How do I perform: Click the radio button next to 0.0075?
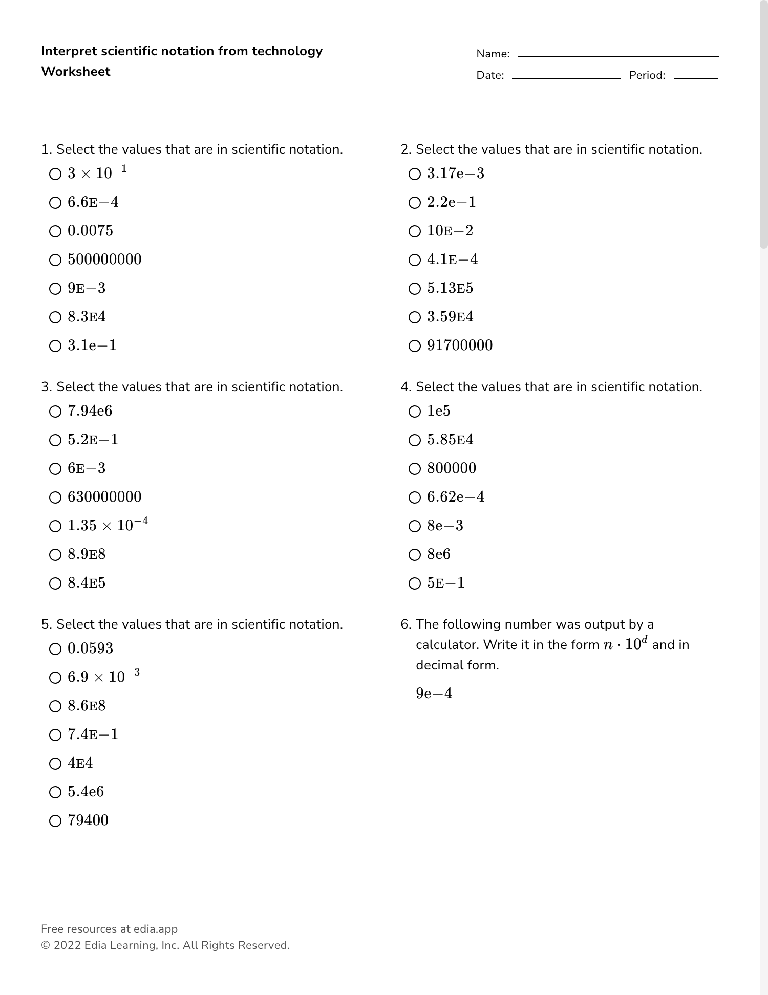pyautogui.click(x=55, y=231)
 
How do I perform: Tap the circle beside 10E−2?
pyautogui.click(x=415, y=231)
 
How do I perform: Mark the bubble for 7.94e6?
pyautogui.click(x=55, y=412)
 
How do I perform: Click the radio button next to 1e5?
pyautogui.click(x=415, y=412)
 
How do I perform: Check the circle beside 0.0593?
pyautogui.click(x=55, y=649)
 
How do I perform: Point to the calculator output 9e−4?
pyautogui.click(x=434, y=694)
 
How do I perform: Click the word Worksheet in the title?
pyautogui.click(x=76, y=72)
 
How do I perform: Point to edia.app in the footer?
pyautogui.click(x=156, y=929)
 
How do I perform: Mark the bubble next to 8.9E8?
pyautogui.click(x=55, y=555)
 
